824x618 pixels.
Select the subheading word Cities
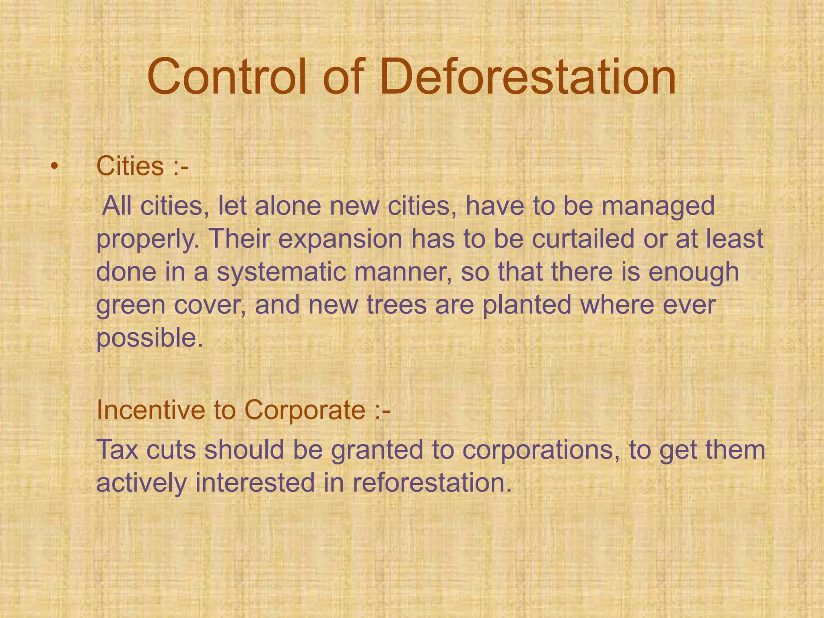(130, 166)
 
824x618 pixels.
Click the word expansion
(340, 240)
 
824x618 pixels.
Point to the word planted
(527, 305)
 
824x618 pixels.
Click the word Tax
(117, 449)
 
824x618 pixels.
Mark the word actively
(141, 483)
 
